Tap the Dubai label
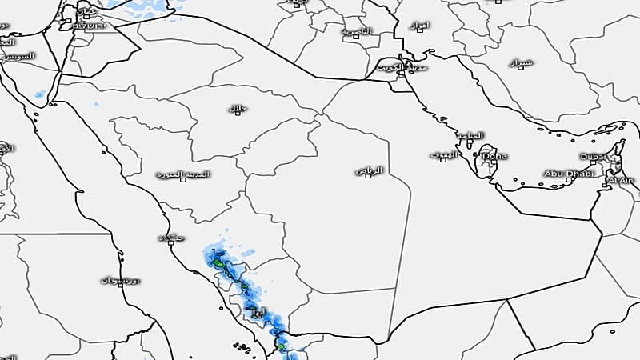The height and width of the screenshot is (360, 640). coord(593,157)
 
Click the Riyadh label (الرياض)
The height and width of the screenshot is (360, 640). coord(369,170)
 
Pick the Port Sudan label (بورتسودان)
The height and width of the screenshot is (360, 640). coord(121,280)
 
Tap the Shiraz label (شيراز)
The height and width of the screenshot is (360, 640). coord(521,62)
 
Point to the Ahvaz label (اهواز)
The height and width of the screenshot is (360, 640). coord(420,26)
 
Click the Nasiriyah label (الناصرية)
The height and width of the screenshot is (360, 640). coord(357,31)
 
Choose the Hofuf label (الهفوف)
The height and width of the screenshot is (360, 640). coord(443,154)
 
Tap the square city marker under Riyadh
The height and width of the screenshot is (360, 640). coord(368,176)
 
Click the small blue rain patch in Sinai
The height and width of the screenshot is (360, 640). coord(39,94)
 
